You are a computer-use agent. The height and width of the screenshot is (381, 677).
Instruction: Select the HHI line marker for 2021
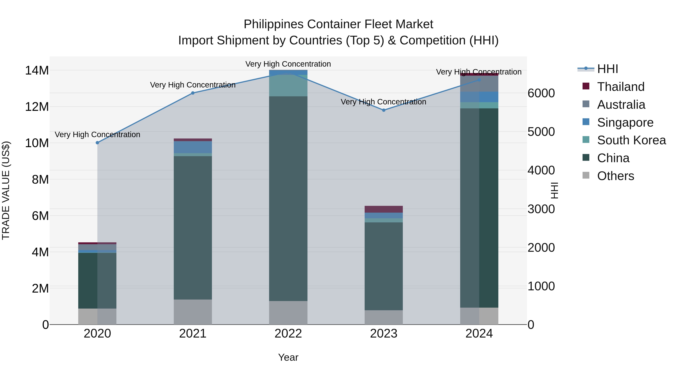(193, 93)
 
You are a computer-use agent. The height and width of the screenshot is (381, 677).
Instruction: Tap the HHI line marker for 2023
(384, 110)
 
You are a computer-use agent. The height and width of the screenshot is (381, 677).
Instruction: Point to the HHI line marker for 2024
(479, 80)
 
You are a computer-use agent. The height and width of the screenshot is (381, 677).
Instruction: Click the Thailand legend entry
(621, 87)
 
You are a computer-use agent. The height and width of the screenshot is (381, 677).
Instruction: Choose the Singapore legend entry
(625, 122)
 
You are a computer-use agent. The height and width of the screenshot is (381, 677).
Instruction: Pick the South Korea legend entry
(631, 140)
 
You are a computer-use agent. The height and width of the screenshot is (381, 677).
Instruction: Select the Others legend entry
(615, 176)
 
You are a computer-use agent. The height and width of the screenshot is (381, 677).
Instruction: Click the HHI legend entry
(607, 69)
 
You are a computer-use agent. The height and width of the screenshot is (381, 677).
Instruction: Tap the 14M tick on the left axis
(37, 71)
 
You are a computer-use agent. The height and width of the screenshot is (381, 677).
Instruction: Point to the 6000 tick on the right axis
(541, 93)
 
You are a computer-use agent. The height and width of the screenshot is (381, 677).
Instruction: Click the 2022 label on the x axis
(288, 334)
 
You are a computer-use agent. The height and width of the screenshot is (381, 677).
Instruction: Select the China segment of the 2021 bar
(193, 228)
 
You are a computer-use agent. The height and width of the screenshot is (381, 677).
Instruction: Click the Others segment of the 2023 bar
(384, 317)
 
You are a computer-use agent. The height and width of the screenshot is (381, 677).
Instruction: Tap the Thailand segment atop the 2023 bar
(384, 209)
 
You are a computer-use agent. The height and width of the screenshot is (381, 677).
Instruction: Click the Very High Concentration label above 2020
(97, 135)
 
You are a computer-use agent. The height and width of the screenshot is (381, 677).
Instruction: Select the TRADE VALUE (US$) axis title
(6, 190)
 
